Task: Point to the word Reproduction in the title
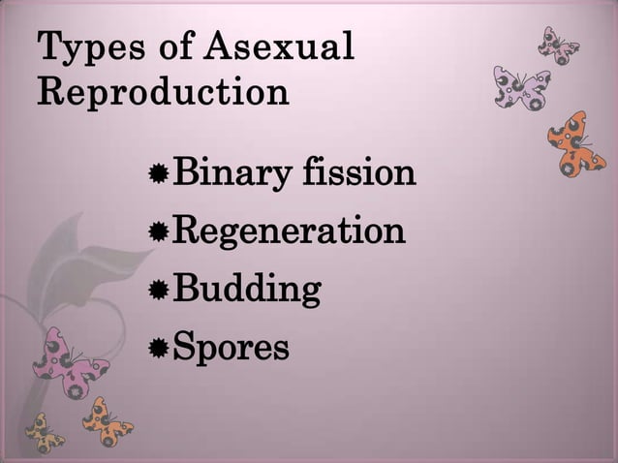(x=163, y=92)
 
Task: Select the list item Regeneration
(x=288, y=232)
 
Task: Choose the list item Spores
(x=230, y=347)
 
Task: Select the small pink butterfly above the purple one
(x=559, y=45)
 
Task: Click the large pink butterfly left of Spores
(x=71, y=364)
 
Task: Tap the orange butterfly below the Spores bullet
(x=106, y=420)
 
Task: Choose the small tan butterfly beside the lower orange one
(x=45, y=432)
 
